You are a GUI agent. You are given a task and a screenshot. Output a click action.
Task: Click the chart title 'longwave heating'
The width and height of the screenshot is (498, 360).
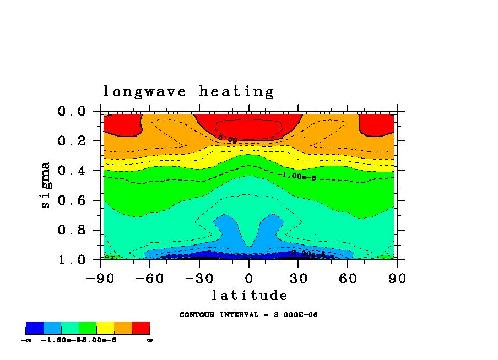(x=188, y=92)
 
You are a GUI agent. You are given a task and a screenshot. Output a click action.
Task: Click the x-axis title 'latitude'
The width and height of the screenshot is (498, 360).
(x=250, y=296)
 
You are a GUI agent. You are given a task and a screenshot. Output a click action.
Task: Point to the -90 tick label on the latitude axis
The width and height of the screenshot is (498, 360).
(x=100, y=279)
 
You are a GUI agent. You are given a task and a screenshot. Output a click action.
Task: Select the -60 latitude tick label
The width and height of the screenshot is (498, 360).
(x=150, y=279)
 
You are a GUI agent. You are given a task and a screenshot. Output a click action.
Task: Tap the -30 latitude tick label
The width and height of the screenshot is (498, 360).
(x=199, y=279)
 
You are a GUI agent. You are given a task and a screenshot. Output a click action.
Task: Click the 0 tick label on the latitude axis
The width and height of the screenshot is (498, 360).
(x=249, y=279)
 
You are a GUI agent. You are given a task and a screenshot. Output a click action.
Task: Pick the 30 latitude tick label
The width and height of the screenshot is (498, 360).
(x=298, y=279)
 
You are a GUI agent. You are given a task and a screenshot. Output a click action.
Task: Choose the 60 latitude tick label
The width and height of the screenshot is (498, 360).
(x=348, y=279)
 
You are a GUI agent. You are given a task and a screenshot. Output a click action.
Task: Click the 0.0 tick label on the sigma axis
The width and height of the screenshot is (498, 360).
(x=72, y=111)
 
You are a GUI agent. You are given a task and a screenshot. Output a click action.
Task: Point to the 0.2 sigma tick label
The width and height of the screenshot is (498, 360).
(x=72, y=141)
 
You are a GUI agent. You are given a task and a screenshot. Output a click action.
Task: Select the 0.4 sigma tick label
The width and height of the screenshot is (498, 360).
(x=72, y=171)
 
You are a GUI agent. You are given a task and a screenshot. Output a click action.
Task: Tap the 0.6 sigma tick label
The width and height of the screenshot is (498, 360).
(x=72, y=200)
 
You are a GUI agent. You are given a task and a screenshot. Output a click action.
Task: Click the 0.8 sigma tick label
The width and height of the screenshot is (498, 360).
(x=72, y=230)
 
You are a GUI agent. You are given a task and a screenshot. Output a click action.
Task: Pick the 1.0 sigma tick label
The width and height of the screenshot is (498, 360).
(x=72, y=259)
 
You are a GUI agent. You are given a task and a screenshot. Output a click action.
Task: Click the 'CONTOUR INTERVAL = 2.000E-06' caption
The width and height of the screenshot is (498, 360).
(x=249, y=315)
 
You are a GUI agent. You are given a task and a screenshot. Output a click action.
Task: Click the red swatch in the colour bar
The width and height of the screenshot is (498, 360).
(x=141, y=329)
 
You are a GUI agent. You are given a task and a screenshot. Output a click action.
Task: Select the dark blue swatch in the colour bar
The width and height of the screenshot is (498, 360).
(x=35, y=329)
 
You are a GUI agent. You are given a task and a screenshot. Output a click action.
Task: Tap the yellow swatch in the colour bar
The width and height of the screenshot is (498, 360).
(x=105, y=329)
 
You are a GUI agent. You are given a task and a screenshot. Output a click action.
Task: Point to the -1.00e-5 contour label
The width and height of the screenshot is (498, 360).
(x=299, y=176)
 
